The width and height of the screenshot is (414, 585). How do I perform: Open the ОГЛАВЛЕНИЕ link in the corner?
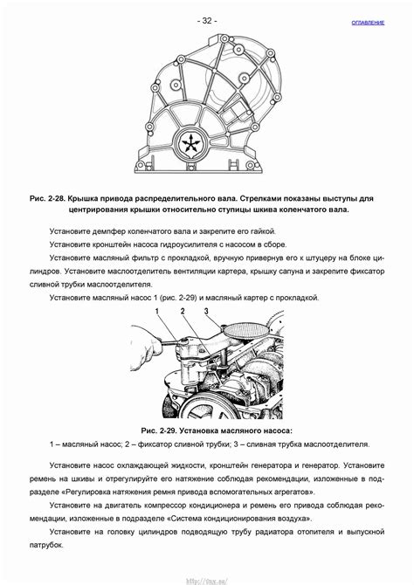[x=368, y=22]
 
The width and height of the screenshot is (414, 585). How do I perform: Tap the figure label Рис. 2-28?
[x=47, y=199]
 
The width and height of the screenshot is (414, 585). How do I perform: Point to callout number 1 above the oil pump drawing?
[x=157, y=312]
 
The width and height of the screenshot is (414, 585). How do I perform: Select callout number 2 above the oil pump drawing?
[x=181, y=312]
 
